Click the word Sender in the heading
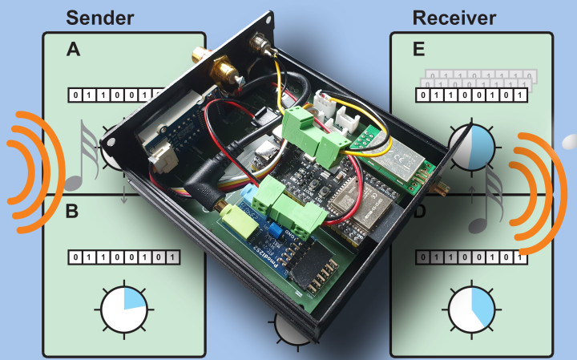100,18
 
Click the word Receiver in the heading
454,18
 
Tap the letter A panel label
73,51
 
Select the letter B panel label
72,212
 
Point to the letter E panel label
418,50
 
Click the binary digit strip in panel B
124,258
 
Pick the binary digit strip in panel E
471,96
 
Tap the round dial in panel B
123,308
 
